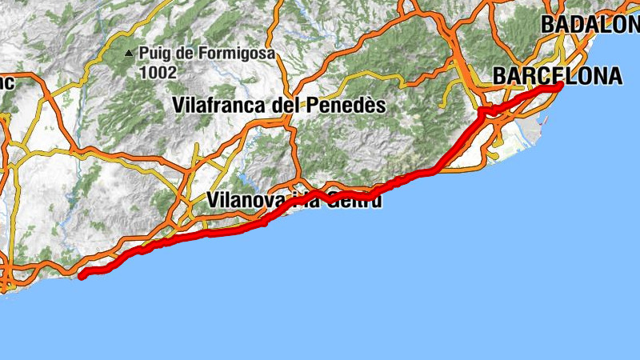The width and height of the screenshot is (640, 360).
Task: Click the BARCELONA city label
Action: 558,76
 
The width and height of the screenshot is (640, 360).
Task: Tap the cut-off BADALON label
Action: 590,25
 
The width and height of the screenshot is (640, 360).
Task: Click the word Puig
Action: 154,54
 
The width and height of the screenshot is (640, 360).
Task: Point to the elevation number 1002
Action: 157,72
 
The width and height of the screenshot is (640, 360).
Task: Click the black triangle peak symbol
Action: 129,54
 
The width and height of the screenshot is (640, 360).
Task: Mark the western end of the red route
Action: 82,275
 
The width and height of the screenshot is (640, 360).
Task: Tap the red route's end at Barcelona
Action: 561,85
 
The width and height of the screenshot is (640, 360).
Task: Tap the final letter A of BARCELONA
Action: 614,76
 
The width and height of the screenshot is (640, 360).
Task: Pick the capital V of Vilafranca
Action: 179,105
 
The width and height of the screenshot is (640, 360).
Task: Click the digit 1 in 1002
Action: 142,72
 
